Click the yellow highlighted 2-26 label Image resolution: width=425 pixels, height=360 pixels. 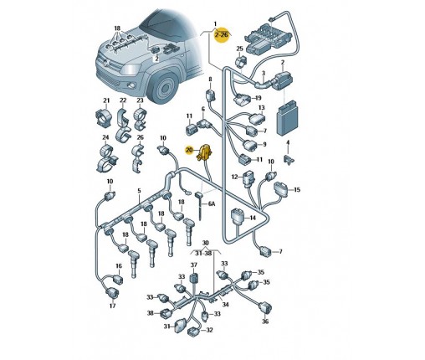click(x=222, y=35)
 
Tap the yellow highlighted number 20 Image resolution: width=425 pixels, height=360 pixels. click(x=189, y=150)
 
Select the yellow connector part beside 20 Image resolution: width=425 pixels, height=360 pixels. click(x=205, y=152)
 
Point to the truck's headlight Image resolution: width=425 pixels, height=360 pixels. click(x=131, y=69)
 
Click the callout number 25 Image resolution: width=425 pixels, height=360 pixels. click(x=240, y=49)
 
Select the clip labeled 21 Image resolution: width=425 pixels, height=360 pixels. click(x=104, y=117)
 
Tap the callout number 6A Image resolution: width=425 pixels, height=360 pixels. click(x=212, y=204)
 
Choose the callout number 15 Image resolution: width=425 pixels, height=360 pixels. click(x=297, y=190)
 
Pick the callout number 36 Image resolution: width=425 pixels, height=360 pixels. click(x=265, y=321)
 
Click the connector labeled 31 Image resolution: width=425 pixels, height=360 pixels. click(x=180, y=326)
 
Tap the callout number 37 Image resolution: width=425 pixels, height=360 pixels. click(x=193, y=265)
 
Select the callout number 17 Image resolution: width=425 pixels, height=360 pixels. click(x=112, y=306)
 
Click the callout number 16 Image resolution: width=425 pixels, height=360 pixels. click(x=119, y=266)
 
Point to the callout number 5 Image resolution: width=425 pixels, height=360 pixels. click(x=139, y=191)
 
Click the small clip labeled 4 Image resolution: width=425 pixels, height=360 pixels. click(x=289, y=160)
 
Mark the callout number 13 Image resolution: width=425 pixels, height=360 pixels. click(x=261, y=108)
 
